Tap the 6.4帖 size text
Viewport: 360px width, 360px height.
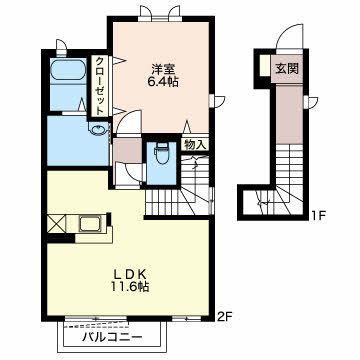(163, 82)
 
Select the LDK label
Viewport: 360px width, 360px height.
(130, 274)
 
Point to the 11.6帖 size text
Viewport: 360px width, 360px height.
(130, 287)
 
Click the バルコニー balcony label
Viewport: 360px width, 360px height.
(112, 337)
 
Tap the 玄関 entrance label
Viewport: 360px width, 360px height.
(287, 69)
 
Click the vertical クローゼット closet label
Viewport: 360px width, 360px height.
(99, 86)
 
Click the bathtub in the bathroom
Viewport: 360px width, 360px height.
(68, 70)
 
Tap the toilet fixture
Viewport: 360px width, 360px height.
(161, 153)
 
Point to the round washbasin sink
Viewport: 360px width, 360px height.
(97, 129)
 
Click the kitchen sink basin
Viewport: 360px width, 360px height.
(89, 223)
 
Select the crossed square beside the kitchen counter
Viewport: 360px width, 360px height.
(56, 224)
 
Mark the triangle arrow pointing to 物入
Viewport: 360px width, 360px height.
(187, 127)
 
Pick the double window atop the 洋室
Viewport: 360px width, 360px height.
(160, 13)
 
